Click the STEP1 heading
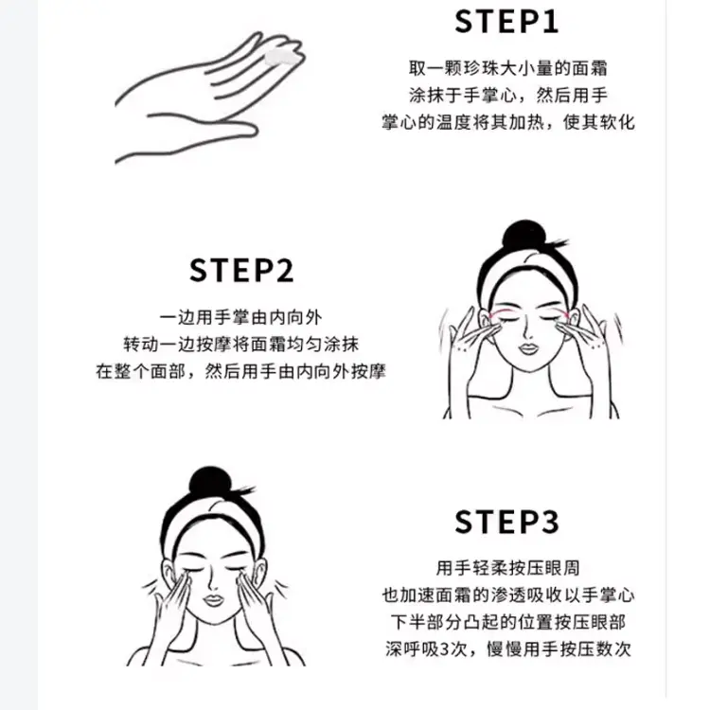click(506, 22)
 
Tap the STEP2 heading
click(241, 271)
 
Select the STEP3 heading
click(506, 522)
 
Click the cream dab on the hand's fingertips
click(281, 58)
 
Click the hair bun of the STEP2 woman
click(524, 236)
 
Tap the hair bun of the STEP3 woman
click(210, 482)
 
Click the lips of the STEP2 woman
click(528, 349)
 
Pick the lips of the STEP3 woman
click(213, 600)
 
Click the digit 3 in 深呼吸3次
click(444, 649)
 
